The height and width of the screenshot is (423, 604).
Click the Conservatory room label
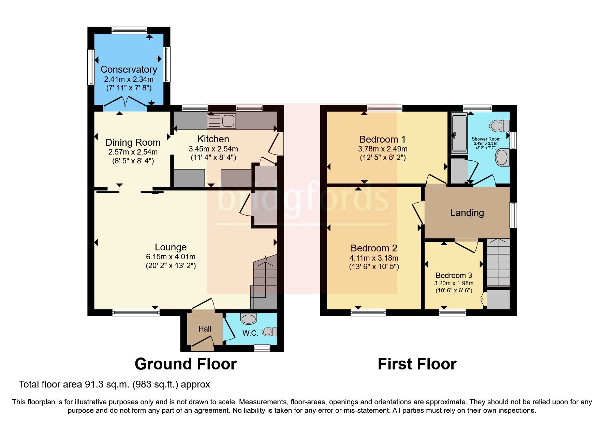pyautogui.click(x=129, y=70)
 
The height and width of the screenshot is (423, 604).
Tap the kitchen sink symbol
pyautogui.click(x=221, y=121)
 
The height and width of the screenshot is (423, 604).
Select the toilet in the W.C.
pyautogui.click(x=269, y=332)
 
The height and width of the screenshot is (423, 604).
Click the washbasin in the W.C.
pyautogui.click(x=248, y=319)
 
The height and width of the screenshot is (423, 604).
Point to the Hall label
pyautogui.click(x=205, y=329)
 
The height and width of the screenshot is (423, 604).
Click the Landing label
pyautogui.click(x=467, y=213)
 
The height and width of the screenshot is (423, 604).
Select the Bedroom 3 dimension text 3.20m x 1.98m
pyautogui.click(x=454, y=283)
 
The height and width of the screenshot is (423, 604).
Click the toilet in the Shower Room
pyautogui.click(x=499, y=126)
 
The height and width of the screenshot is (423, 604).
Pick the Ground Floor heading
pyautogui.click(x=186, y=364)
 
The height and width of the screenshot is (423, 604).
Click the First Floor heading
pyautogui.click(x=417, y=364)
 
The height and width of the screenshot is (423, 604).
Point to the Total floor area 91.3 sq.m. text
pyautogui.click(x=114, y=384)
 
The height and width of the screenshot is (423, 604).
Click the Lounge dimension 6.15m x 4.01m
pyautogui.click(x=171, y=257)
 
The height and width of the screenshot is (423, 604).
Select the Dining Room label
pyautogui.click(x=133, y=142)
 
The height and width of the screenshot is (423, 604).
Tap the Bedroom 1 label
pyautogui.click(x=382, y=139)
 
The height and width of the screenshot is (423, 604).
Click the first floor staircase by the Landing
pyautogui.click(x=498, y=262)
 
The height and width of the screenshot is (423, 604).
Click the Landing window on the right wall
pyautogui.click(x=513, y=215)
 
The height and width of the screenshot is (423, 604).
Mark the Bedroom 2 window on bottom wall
pyautogui.click(x=368, y=312)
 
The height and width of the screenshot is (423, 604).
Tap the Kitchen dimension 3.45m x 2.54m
pyautogui.click(x=213, y=149)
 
